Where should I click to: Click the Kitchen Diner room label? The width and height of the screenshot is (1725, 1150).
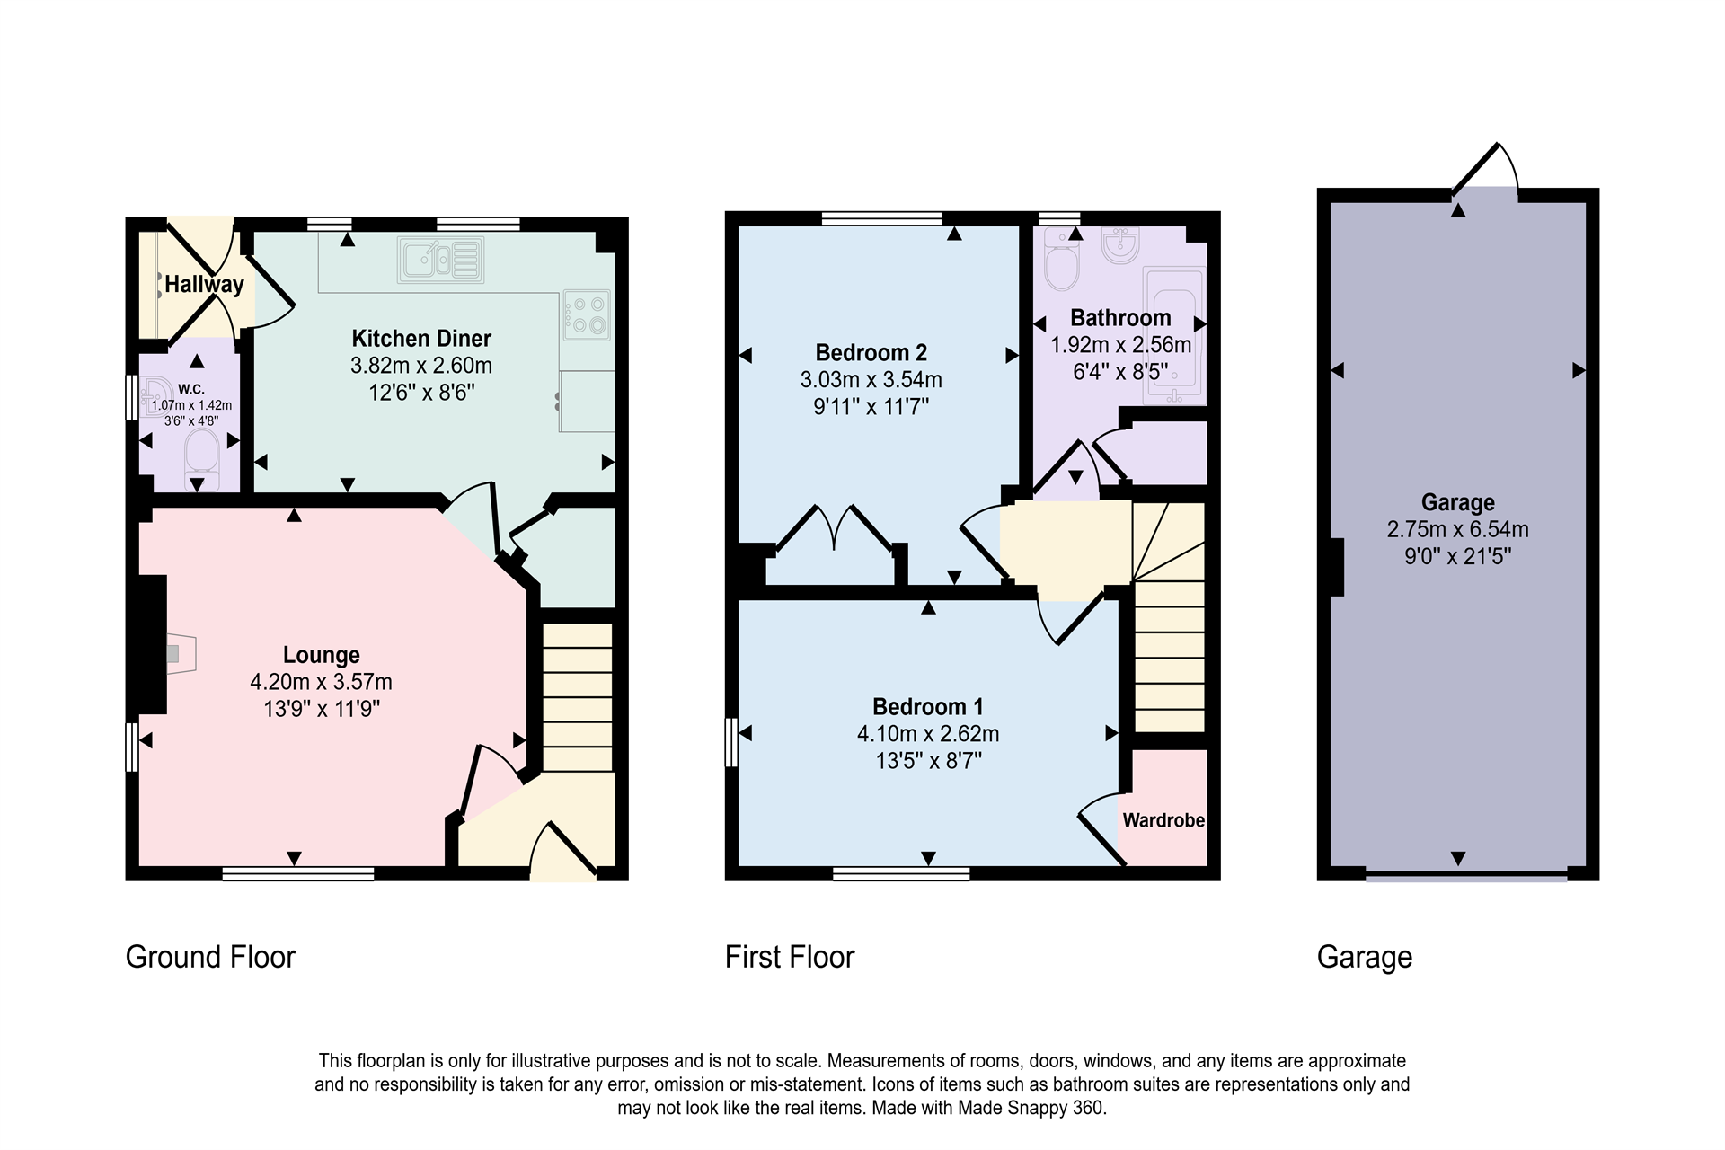[421, 339]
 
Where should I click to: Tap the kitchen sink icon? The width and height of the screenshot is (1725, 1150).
[441, 260]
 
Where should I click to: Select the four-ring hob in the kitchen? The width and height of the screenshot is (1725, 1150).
[587, 314]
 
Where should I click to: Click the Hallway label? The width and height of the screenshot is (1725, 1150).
[204, 285]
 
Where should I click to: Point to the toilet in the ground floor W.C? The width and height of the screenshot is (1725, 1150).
[201, 451]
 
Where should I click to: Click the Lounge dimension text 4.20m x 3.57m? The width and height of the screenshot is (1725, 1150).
[321, 682]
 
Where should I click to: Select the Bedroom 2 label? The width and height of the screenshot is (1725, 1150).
[871, 353]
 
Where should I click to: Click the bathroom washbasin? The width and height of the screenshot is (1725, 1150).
[1119, 246]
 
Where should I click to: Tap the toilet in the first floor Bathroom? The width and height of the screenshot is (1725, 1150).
[1062, 261]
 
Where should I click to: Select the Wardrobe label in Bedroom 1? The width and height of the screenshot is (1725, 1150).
[1163, 820]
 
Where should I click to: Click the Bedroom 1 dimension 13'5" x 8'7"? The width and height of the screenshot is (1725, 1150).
[928, 761]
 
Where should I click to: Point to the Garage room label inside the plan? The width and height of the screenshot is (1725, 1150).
[1457, 503]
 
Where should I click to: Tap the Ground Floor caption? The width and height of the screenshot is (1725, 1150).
[210, 957]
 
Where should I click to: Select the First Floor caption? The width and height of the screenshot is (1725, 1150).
[789, 957]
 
